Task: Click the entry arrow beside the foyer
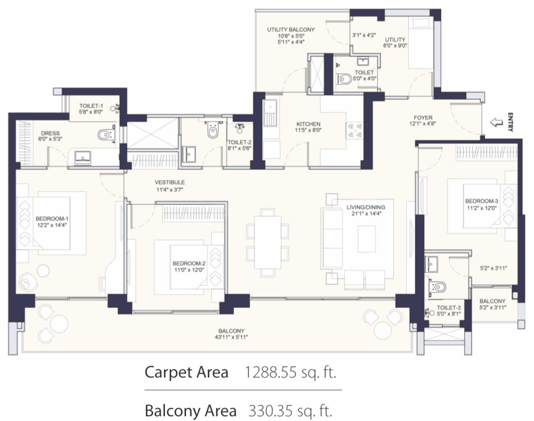point(496,122)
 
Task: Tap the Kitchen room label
point(308,124)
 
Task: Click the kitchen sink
point(271,113)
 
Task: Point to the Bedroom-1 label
point(52,219)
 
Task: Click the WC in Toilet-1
point(106,135)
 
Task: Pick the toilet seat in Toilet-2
point(213,130)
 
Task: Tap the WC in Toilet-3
point(438,287)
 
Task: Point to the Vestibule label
point(170,182)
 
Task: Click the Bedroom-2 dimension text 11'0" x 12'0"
point(189,270)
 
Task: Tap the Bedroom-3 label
point(482,201)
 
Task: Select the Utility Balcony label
point(291,30)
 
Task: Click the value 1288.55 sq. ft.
point(291,372)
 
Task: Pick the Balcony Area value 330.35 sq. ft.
point(291,411)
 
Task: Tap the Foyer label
point(423,118)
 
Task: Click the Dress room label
point(50,133)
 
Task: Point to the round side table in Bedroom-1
point(43,271)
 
